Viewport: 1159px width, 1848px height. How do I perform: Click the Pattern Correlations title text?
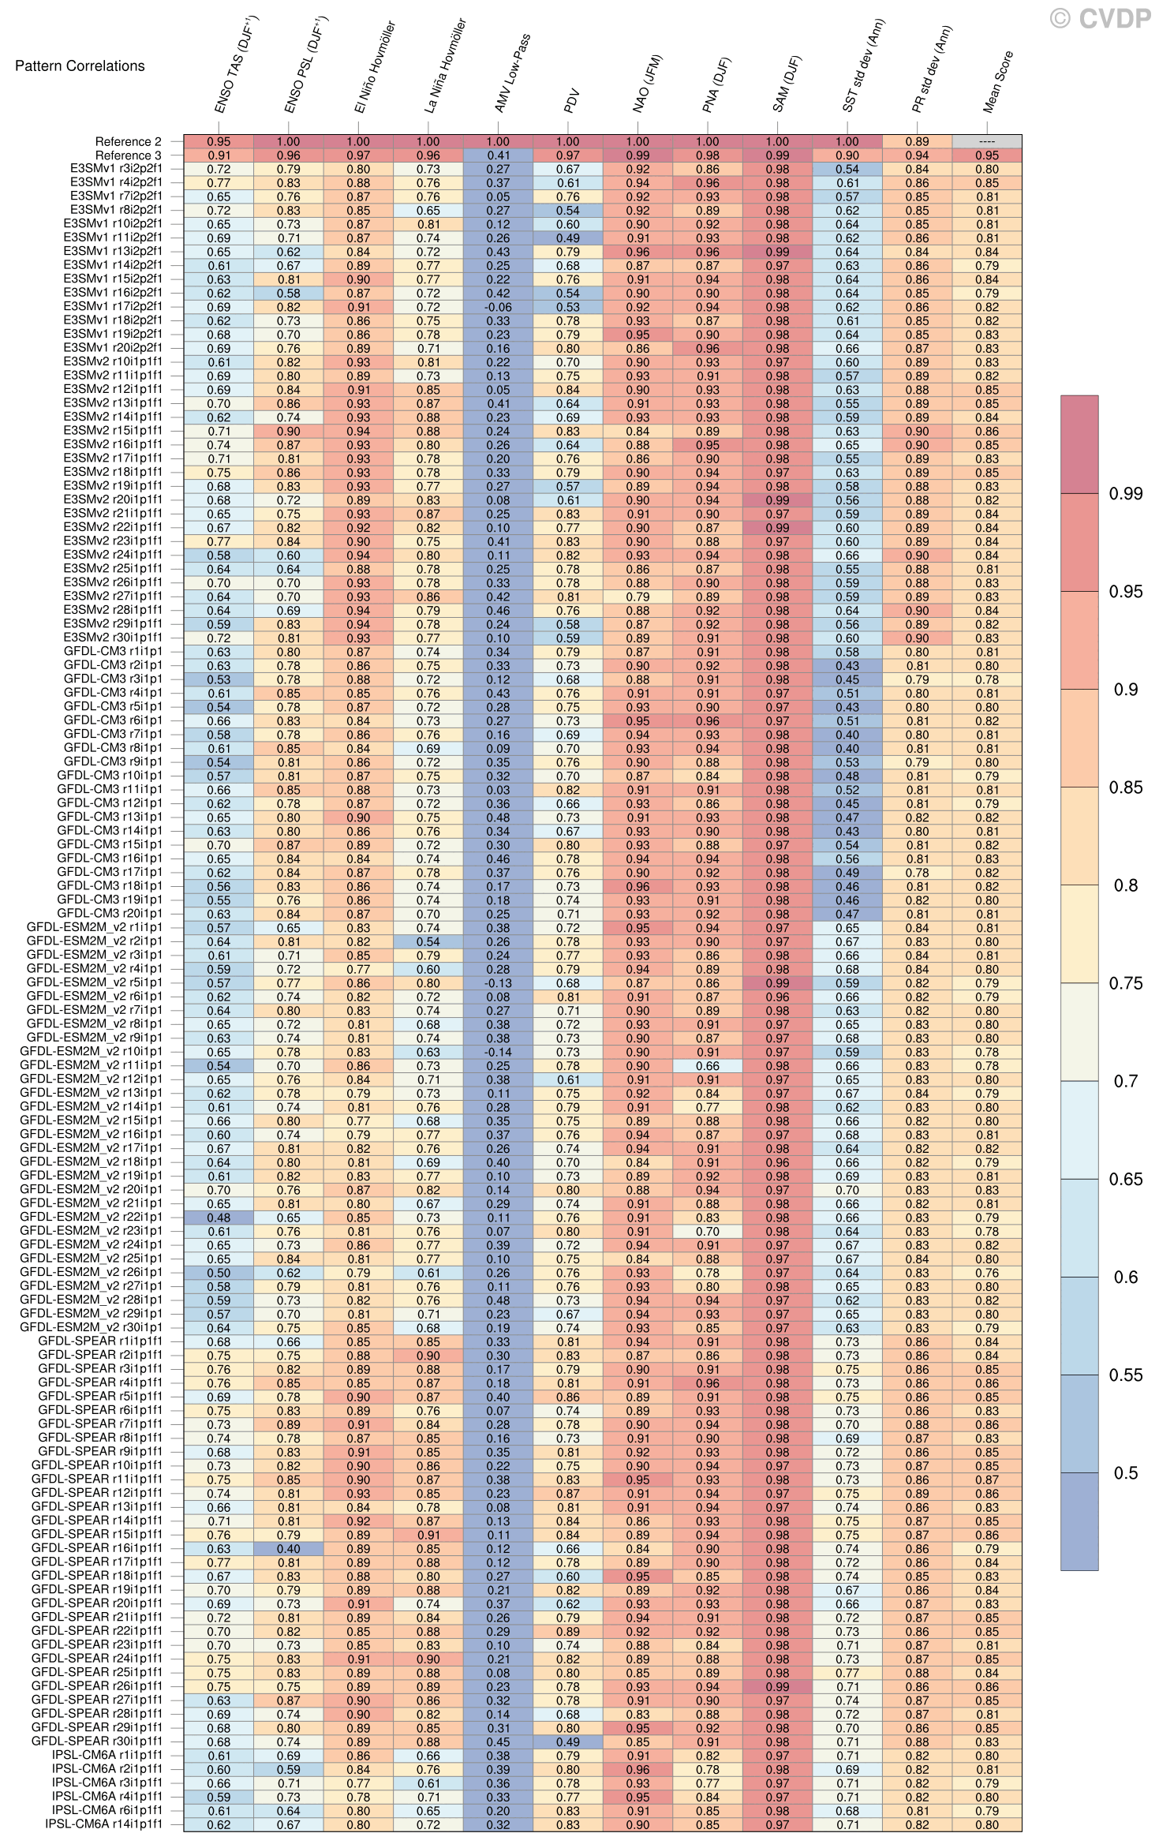click(x=80, y=65)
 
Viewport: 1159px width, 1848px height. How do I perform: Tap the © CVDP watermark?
click(x=1100, y=18)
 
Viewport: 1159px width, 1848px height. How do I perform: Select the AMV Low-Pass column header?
click(x=512, y=74)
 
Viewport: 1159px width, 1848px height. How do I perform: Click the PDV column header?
click(x=573, y=101)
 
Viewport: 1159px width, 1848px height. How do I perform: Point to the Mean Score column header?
click(x=998, y=83)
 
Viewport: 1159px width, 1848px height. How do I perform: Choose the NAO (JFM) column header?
click(x=648, y=84)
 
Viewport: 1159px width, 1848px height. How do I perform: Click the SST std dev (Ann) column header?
click(x=864, y=66)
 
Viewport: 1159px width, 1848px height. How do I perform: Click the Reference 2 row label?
click(x=128, y=142)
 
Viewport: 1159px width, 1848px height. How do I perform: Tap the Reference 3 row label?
click(x=128, y=155)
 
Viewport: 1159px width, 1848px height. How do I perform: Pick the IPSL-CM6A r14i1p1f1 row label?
click(x=104, y=1824)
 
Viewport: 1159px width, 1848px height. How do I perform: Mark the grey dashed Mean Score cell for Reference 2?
click(x=986, y=142)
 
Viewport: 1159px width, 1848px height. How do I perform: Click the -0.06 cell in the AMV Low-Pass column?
click(x=498, y=308)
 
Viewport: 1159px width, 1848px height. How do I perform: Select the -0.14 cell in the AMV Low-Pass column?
click(x=498, y=1052)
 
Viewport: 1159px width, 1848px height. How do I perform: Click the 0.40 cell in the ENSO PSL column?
click(x=289, y=1548)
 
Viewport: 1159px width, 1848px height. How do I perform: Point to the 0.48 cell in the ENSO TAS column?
click(x=219, y=1218)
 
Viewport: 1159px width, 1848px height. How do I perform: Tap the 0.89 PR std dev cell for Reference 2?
click(x=917, y=142)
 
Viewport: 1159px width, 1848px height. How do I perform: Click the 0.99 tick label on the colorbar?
click(x=1124, y=495)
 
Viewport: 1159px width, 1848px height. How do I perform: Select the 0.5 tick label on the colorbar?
click(x=1124, y=1473)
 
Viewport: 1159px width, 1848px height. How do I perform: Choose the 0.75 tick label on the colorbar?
click(x=1124, y=984)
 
